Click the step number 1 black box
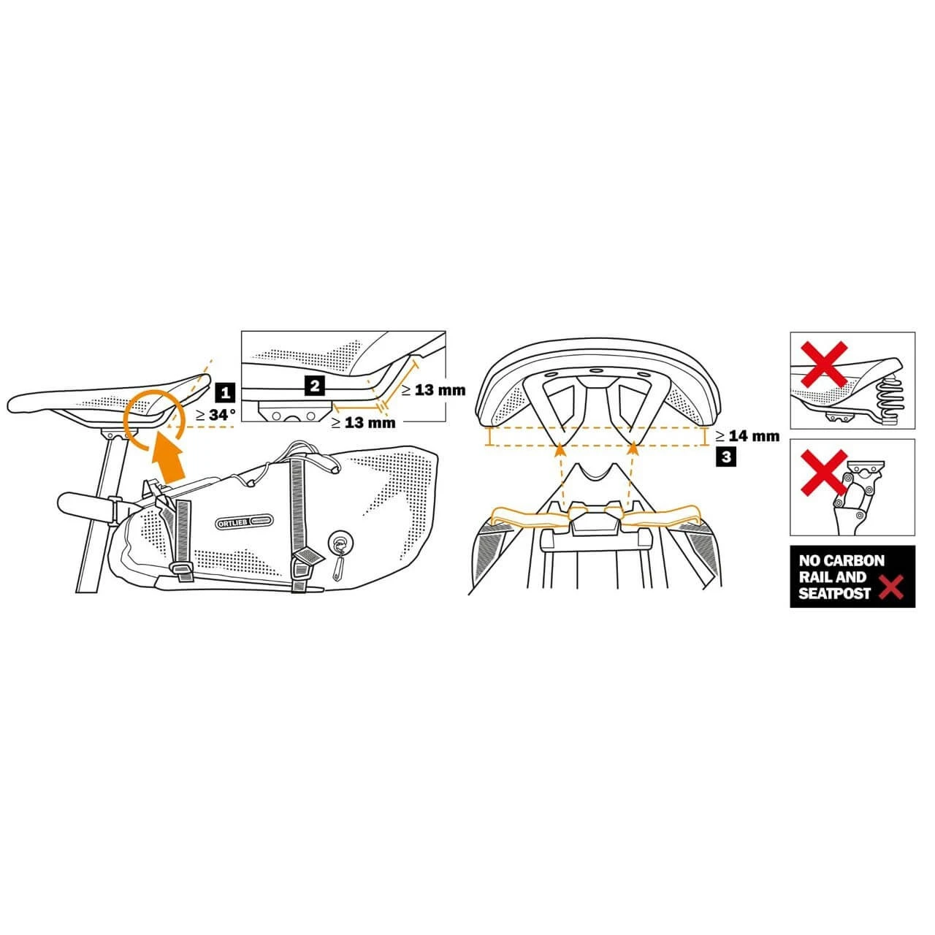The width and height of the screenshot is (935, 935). [x=225, y=392]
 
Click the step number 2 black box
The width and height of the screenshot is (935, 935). [x=313, y=385]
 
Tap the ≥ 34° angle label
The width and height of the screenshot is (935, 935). [x=215, y=414]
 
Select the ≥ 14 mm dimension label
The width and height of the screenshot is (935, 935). [x=747, y=436]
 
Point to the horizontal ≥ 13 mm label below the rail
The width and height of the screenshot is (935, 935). [x=363, y=422]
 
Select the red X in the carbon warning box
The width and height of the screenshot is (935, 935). [x=890, y=587]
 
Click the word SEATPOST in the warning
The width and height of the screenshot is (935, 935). [x=834, y=593]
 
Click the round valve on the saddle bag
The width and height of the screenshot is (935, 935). [x=338, y=543]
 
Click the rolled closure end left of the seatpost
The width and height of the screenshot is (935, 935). [x=82, y=505]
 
